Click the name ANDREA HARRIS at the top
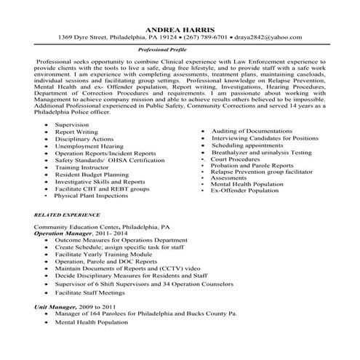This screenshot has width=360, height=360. coord(180,28)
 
